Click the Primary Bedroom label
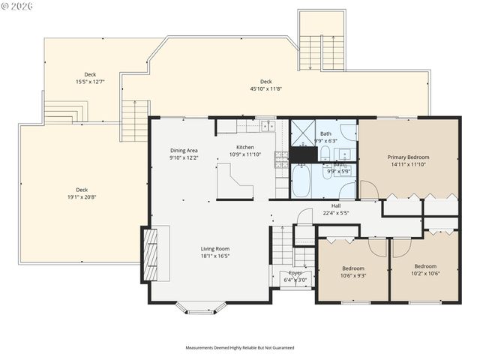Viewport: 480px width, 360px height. (x=407, y=157)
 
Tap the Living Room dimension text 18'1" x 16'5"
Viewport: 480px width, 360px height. (x=214, y=256)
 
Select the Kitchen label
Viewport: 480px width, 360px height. (x=245, y=147)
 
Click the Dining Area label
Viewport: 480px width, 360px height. (x=183, y=151)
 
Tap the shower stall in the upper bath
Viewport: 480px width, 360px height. (x=302, y=133)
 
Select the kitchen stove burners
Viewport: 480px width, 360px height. (x=281, y=158)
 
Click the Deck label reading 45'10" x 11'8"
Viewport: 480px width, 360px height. (x=265, y=82)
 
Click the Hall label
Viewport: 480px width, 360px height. (x=336, y=205)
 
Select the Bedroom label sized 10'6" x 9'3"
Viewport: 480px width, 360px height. (x=353, y=268)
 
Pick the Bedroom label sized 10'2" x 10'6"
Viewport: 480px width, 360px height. (x=425, y=266)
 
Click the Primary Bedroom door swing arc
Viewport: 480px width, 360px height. (x=369, y=188)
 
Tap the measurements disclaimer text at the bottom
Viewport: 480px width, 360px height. (x=240, y=348)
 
